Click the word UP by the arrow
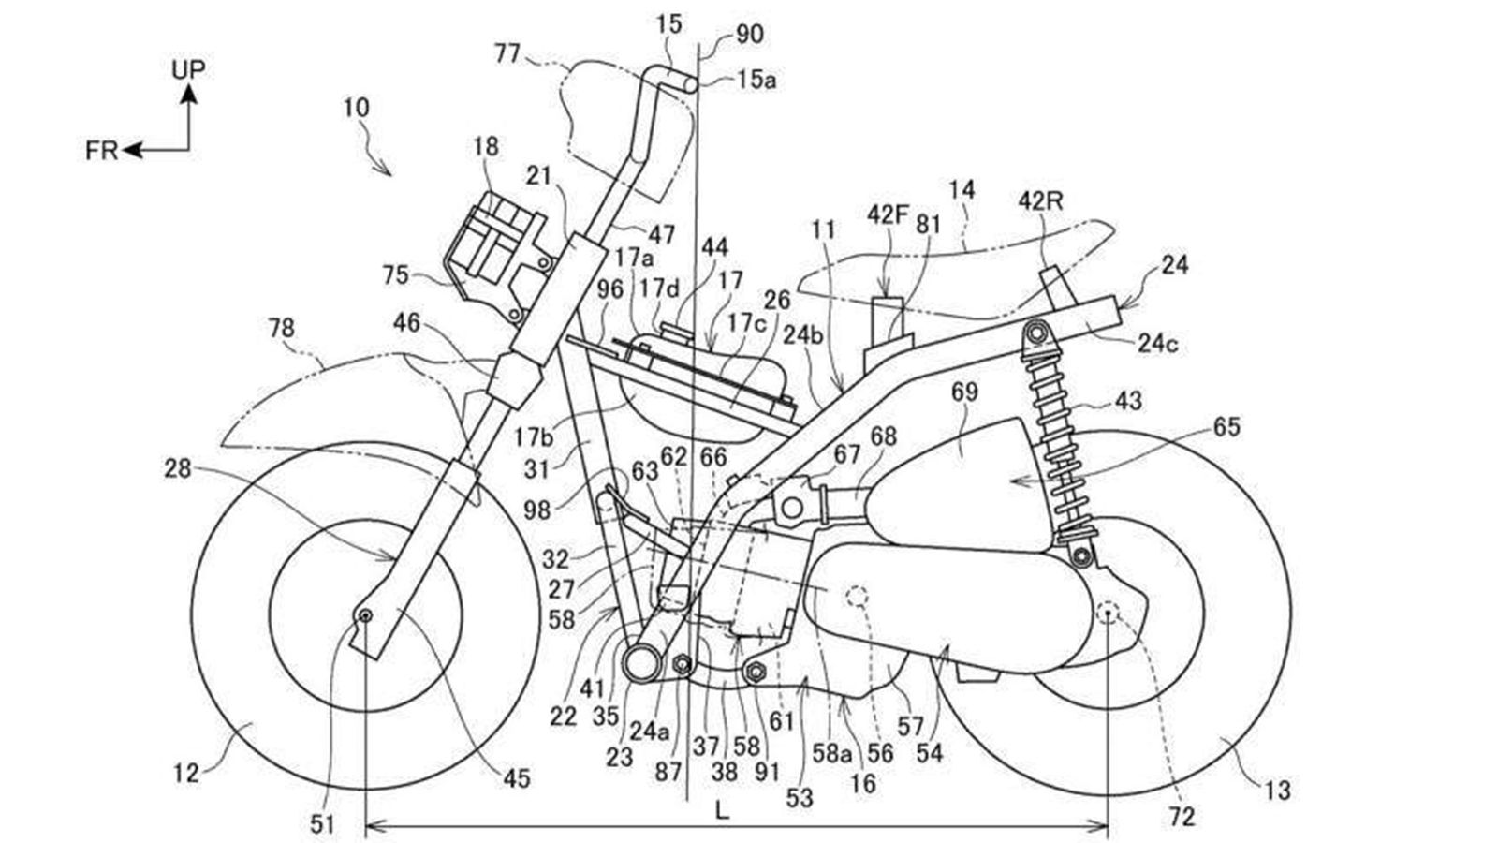(x=188, y=69)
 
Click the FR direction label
(x=101, y=151)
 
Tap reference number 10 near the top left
(x=356, y=108)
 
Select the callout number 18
(x=486, y=147)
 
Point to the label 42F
(x=887, y=214)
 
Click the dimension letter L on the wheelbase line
(x=721, y=811)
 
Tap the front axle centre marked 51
(x=364, y=614)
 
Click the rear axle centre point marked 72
(x=1108, y=614)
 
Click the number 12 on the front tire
(x=186, y=773)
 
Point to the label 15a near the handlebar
(x=756, y=80)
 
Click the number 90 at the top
(x=749, y=35)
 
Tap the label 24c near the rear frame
(x=1158, y=344)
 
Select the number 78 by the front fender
(x=281, y=328)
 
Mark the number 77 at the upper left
(x=507, y=53)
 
